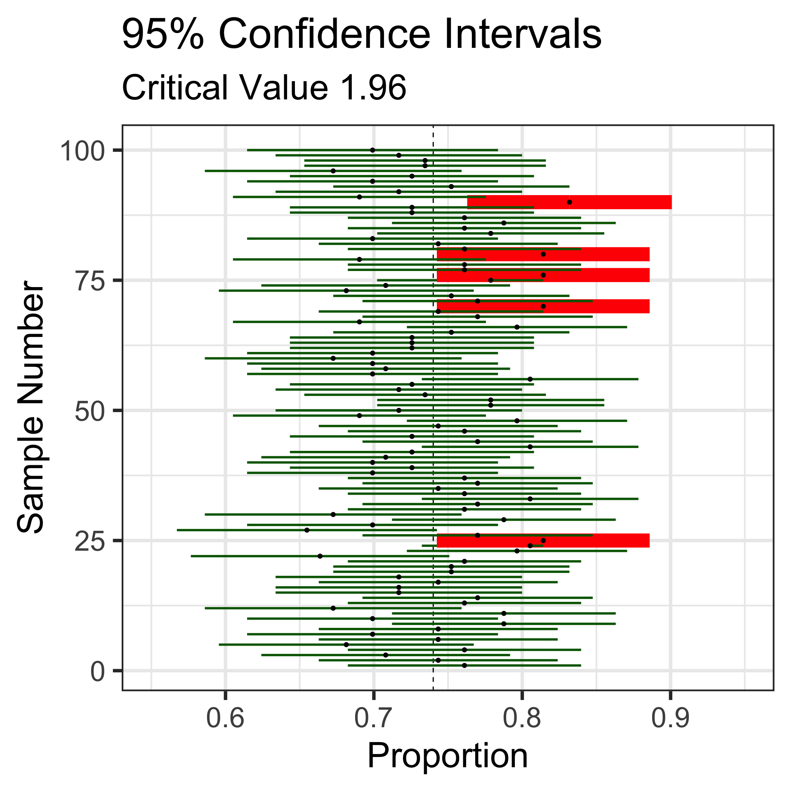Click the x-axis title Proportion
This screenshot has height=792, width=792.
pos(448,756)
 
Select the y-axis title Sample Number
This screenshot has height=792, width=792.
pos(31,407)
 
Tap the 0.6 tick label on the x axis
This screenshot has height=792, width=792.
pos(225,718)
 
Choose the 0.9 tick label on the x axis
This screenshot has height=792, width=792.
pos(670,718)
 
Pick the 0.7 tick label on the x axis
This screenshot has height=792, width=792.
pos(373,718)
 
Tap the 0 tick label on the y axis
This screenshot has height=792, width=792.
pos(97,671)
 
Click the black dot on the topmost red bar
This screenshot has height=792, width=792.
pos(569,202)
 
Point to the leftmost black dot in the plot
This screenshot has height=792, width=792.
pos(306,530)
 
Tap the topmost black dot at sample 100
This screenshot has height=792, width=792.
pos(372,150)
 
